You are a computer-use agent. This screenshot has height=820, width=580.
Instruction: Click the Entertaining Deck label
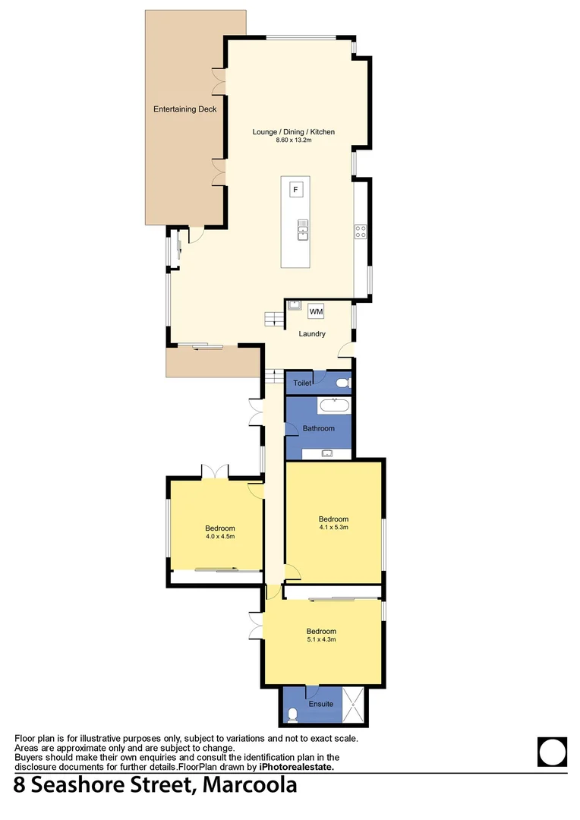(184, 109)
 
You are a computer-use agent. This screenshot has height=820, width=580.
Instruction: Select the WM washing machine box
(316, 311)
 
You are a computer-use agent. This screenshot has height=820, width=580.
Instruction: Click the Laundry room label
(312, 333)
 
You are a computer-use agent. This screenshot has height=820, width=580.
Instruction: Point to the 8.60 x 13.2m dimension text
(294, 141)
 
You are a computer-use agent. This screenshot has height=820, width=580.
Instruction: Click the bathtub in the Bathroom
(333, 405)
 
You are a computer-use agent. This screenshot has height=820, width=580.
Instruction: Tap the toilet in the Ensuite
(293, 714)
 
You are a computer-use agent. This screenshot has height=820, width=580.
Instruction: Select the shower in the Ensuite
(353, 704)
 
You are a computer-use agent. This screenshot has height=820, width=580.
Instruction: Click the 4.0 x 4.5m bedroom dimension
(219, 537)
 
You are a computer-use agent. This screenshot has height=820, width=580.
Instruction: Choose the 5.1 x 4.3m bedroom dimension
(321, 639)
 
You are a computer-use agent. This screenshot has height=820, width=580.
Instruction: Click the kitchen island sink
(302, 229)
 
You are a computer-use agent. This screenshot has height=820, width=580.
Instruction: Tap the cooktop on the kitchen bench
(361, 232)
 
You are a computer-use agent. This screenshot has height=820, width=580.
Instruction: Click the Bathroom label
(318, 428)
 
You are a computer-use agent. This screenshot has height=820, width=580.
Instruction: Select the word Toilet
(303, 383)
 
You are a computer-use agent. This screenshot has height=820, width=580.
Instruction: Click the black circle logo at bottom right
(552, 752)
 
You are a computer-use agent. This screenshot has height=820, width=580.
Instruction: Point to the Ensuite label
(320, 704)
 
